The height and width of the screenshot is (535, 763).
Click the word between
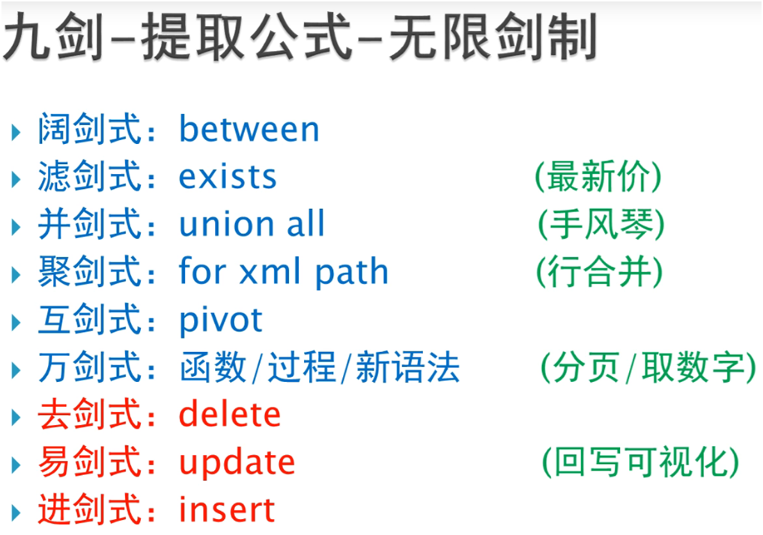pos(249,129)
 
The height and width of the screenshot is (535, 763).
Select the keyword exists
pos(228,176)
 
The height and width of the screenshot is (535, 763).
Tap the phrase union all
pos(252,223)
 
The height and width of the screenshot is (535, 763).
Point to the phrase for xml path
pos(284,272)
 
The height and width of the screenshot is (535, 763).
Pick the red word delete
pos(230,414)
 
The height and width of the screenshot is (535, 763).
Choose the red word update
pos(237,463)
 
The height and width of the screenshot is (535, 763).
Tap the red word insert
pos(227,510)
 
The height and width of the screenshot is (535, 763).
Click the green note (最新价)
pos(598,176)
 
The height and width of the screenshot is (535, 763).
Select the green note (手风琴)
pos(601,224)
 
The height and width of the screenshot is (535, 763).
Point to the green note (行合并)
pos(600,272)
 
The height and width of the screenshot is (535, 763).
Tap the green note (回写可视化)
pos(641,462)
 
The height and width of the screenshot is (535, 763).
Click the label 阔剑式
pos(90,129)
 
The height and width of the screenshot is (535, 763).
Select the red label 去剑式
pos(90,414)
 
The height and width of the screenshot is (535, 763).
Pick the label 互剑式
pos(90,319)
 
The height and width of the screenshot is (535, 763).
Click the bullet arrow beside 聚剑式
pos(16,275)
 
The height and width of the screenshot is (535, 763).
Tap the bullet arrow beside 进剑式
pos(16,513)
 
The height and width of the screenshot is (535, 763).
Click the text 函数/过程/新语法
pos(320,368)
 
